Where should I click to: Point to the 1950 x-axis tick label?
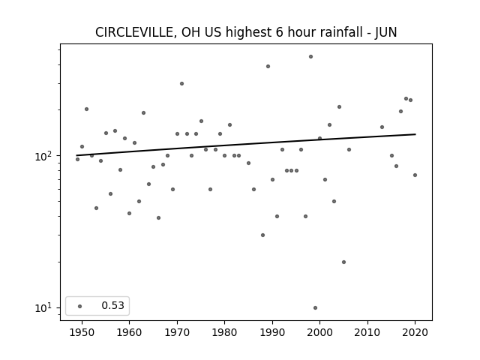click(82, 332)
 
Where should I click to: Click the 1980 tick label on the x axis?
click(224, 332)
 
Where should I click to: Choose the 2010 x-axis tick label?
click(367, 332)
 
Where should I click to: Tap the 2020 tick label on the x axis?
click(415, 332)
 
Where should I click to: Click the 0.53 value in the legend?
click(113, 305)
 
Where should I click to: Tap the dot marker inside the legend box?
click(80, 306)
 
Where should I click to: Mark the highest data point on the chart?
click(310, 57)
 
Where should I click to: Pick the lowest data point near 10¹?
click(315, 308)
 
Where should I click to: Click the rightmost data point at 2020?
click(415, 175)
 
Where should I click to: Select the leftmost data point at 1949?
click(77, 160)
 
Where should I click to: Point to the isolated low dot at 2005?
click(343, 262)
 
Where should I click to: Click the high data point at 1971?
click(181, 83)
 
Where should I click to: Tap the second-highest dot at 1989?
click(268, 67)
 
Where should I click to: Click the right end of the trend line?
click(415, 134)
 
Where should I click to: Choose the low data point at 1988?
click(262, 235)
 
